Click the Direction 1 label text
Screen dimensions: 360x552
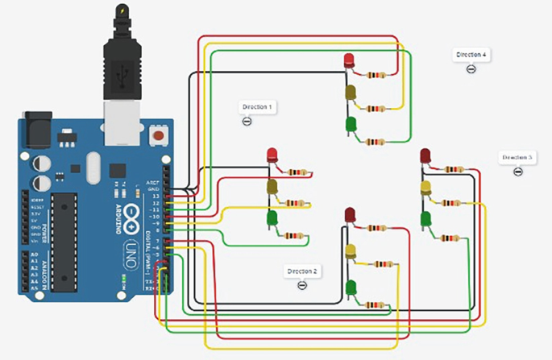point(257,106)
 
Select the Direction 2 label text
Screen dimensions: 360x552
point(302,271)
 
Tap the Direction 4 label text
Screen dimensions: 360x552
point(471,55)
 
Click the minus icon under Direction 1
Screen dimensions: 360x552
point(247,121)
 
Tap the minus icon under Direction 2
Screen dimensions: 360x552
point(302,285)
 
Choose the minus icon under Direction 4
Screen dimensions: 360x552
point(471,69)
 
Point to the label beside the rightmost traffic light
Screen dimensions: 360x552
point(517,157)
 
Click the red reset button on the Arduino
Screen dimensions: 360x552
point(159,133)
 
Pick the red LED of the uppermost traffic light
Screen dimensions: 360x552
point(350,60)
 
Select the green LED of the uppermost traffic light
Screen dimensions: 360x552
point(351,125)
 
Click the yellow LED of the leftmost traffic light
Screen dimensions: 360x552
point(272,187)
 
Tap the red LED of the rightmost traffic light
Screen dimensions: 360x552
point(425,155)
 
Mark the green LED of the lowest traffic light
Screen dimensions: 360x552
point(351,287)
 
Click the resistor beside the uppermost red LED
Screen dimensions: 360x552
point(376,76)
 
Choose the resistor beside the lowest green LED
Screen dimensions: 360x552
point(374,304)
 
